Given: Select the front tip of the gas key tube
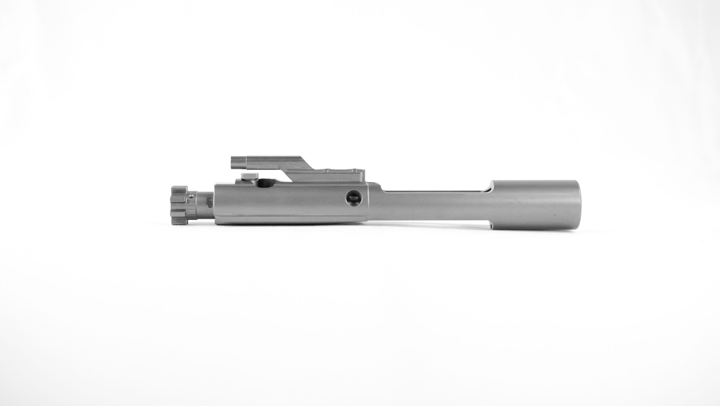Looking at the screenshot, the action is coord(232,163).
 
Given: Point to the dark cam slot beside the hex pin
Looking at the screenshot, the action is coord(266,183).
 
